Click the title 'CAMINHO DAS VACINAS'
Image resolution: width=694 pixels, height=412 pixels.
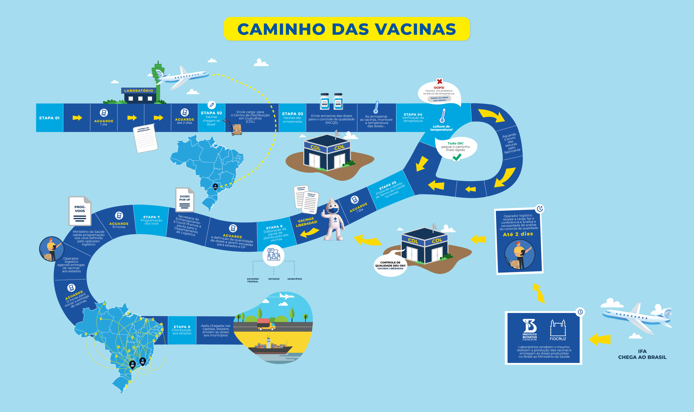[x=347, y=29]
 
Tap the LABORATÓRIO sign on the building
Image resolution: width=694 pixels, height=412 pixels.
[x=138, y=91]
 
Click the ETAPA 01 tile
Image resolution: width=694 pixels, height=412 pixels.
[x=49, y=118]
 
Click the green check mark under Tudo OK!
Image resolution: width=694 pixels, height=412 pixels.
[x=457, y=157]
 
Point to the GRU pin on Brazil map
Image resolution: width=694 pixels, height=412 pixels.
[x=215, y=186]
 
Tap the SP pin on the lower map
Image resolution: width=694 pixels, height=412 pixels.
[x=132, y=364]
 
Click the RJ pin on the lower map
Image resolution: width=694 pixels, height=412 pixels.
[x=142, y=361]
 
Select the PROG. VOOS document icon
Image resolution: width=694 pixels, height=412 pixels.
[x=80, y=211]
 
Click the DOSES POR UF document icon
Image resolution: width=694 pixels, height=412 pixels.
[x=185, y=200]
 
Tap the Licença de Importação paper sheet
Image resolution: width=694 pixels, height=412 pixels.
[x=145, y=138]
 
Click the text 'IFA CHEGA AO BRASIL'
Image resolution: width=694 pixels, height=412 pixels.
[x=642, y=354]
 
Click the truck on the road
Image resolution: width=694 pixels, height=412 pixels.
[x=266, y=324]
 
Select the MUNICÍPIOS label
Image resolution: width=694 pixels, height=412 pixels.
[x=294, y=279]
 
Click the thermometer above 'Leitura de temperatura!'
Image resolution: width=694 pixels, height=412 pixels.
[x=442, y=115]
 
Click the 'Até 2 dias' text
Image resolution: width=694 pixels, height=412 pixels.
[x=518, y=234]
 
